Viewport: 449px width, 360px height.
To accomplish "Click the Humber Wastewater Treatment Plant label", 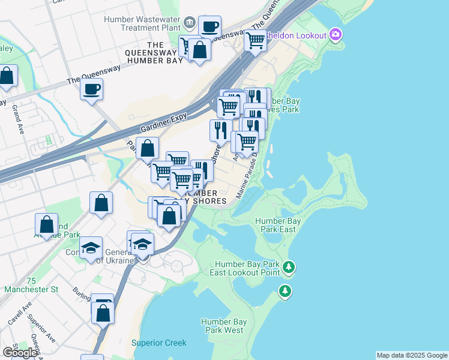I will [142, 23].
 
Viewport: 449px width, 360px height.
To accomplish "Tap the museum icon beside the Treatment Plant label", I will [190, 23].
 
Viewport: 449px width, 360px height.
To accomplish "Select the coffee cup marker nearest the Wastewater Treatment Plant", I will [209, 27].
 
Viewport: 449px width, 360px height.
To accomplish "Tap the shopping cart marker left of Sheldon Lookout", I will [256, 41].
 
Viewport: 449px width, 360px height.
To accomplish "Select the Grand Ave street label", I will [16, 119].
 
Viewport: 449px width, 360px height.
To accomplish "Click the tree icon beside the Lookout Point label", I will [289, 266].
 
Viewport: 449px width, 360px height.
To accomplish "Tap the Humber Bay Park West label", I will [222, 326].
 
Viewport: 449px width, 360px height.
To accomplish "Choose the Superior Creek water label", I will [159, 343].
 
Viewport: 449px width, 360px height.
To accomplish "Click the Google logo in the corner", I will [20, 352].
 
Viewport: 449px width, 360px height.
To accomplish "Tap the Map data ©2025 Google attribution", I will [412, 355].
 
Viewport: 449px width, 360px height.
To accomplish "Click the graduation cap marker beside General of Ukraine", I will [143, 244].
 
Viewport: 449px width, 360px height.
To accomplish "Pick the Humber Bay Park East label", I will [278, 225].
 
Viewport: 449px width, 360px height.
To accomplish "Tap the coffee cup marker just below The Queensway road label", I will [91, 90].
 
